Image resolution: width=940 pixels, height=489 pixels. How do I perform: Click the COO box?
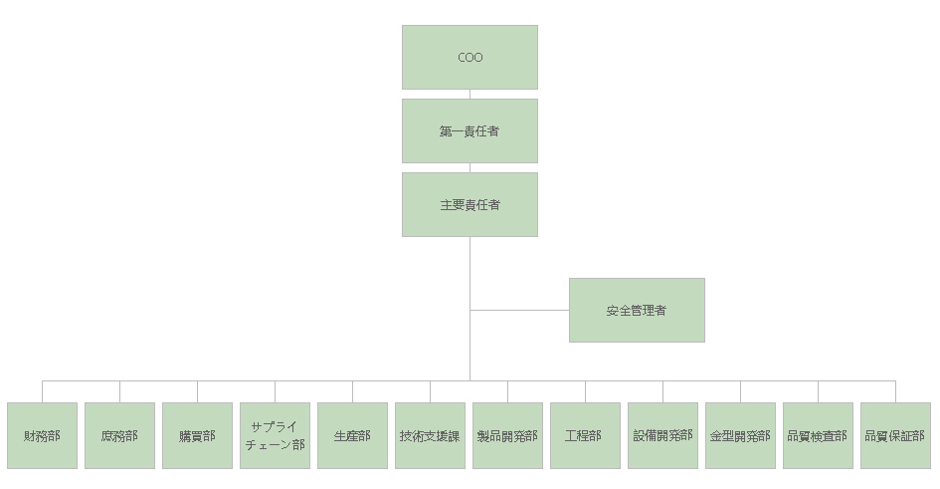coord(470,58)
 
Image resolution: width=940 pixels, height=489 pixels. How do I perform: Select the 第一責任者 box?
coord(470,130)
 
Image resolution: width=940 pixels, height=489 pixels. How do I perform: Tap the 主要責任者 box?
coord(470,204)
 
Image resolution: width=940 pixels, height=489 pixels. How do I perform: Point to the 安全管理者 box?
coord(637,310)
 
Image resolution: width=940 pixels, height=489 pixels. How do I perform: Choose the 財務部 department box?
coord(42,435)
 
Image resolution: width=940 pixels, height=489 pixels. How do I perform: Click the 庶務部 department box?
coord(119,435)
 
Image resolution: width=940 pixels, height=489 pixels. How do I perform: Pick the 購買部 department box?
coord(197,435)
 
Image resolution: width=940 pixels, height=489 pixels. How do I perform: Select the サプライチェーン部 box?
coord(275,435)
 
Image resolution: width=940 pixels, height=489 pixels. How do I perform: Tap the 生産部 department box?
coord(352,435)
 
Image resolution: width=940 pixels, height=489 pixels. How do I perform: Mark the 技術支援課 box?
coord(430,435)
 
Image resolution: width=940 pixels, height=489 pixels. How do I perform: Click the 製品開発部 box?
coord(507,435)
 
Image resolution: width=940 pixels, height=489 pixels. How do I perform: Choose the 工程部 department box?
coord(585,435)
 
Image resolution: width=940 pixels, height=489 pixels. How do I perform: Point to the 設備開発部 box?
coord(662,435)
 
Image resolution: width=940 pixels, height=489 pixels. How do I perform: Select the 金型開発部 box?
coord(740,435)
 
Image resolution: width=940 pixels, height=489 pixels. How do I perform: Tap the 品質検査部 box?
coord(818,435)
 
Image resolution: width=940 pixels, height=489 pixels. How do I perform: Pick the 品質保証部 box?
coord(895,435)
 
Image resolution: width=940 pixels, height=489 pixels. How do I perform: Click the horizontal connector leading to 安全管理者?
coord(519,310)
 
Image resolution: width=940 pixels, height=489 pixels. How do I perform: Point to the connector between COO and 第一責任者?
coord(470,94)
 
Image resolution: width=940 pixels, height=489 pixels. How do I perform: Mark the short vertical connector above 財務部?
coord(42,391)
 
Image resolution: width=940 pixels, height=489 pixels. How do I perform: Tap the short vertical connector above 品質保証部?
coord(895,391)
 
